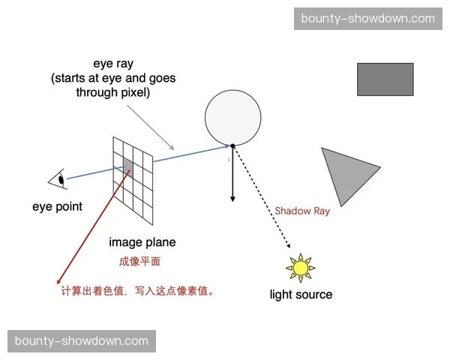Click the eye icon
pyautogui.click(x=57, y=179)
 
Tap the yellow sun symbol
pyautogui.click(x=301, y=267)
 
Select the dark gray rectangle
pyautogui.click(x=385, y=79)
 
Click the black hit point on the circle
pyautogui.click(x=232, y=145)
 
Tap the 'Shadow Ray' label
pyautogui.click(x=302, y=211)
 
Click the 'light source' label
pyautogui.click(x=301, y=294)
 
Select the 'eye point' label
pyautogui.click(x=57, y=206)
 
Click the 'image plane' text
pyautogui.click(x=142, y=242)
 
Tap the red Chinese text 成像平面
pyautogui.click(x=140, y=262)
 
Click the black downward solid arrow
pyautogui.click(x=232, y=176)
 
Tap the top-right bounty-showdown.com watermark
pyautogui.click(x=368, y=18)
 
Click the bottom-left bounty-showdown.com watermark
pyautogui.click(x=81, y=340)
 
